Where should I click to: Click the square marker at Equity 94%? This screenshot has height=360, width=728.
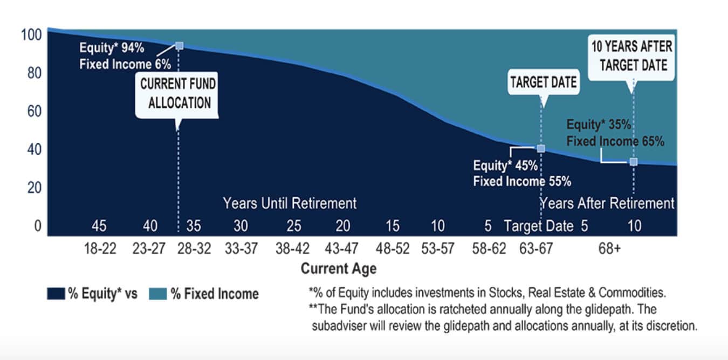pos(180,46)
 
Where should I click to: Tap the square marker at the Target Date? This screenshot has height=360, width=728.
pos(541,148)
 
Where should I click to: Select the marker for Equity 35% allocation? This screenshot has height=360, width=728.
pos(634,162)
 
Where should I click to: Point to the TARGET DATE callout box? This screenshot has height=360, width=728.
pos(544,82)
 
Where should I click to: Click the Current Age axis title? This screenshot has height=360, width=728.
pos(339,268)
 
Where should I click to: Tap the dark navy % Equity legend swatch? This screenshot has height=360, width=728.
pos(56,294)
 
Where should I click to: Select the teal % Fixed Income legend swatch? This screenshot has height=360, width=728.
pos(157,294)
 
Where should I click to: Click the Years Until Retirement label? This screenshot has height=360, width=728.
pos(290,204)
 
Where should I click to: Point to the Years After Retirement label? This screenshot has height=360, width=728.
pos(607,203)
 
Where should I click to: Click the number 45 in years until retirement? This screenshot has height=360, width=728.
pos(99,226)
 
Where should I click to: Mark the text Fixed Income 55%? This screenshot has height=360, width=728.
pos(521,182)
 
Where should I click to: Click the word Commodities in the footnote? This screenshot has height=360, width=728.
pos(638,293)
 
